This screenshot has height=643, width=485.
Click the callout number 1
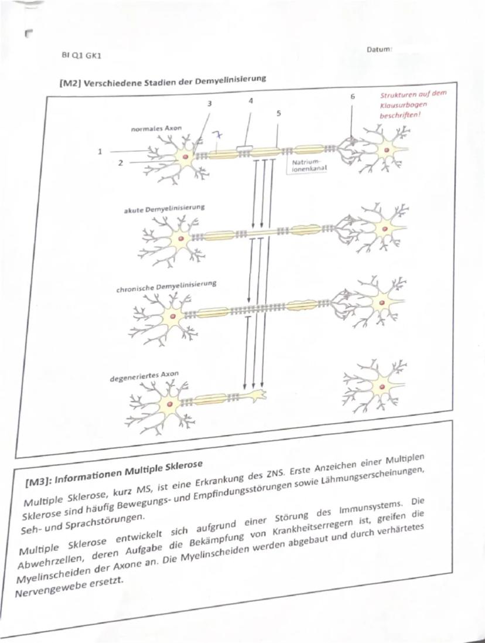tap(100, 151)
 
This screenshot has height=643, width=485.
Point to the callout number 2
tap(119, 164)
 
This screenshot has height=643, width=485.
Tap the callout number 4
tap(250, 100)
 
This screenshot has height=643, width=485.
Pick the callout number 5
tap(278, 114)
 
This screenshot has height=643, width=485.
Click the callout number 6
tap(353, 95)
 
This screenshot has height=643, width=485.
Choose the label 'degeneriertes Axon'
tap(144, 376)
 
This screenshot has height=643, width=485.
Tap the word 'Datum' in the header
tap(379, 50)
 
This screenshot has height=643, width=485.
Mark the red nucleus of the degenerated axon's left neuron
tap(169, 405)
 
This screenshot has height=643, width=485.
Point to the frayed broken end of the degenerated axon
tap(258, 394)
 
